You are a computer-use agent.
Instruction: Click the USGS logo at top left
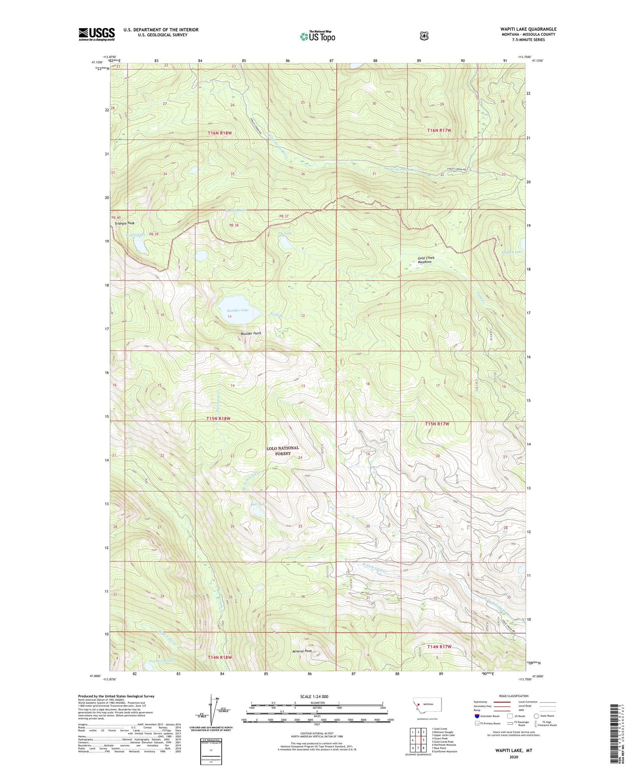click(x=97, y=34)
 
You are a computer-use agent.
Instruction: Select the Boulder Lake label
click(x=238, y=310)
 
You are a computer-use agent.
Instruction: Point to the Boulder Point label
click(x=251, y=333)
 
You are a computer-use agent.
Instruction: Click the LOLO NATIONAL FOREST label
click(x=283, y=451)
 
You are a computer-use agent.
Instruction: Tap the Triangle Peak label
click(x=124, y=223)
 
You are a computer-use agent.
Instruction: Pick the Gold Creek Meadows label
click(x=426, y=260)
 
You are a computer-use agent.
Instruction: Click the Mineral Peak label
click(x=302, y=651)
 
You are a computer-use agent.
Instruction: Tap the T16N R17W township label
click(x=439, y=130)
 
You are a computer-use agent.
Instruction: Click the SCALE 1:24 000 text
click(x=314, y=696)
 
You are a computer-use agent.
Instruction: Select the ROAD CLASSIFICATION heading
click(x=513, y=696)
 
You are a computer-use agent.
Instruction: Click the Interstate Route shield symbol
click(x=477, y=716)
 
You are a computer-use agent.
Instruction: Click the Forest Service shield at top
click(x=424, y=35)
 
